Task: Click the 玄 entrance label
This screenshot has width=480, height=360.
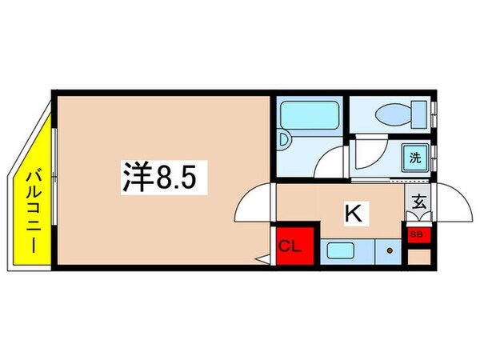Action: (418, 202)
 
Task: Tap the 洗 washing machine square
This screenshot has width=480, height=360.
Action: (414, 158)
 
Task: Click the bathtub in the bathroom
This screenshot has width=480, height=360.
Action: (309, 117)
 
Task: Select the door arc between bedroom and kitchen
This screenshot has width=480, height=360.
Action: (256, 204)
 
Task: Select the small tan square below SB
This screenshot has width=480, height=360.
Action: (418, 257)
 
